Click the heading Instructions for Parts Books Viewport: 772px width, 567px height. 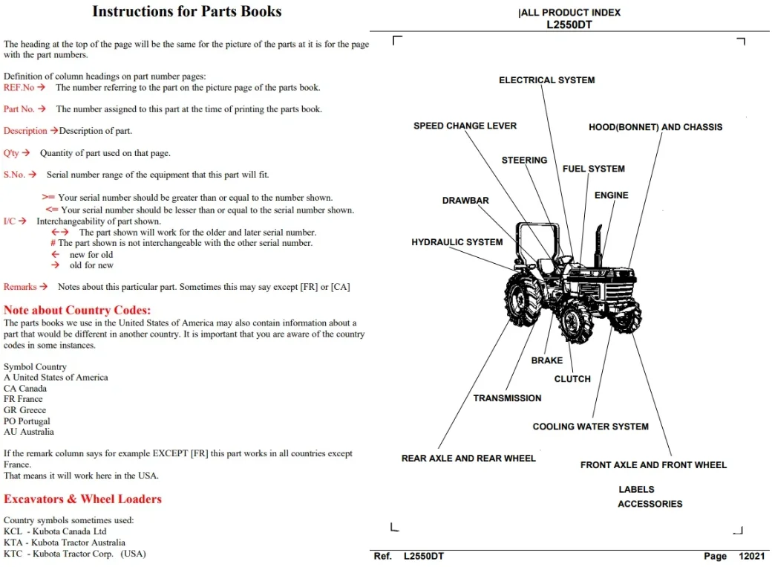tap(186, 11)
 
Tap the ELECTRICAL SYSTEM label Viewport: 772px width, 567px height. tap(546, 80)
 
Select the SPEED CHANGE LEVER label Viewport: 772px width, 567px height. tap(465, 126)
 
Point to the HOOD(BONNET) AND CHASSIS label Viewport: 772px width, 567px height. tap(655, 127)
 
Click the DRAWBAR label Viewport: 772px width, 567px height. tap(465, 200)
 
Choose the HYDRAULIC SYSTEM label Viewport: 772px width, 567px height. tap(457, 242)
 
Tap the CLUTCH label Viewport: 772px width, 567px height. tap(572, 379)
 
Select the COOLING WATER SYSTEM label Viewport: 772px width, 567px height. tap(590, 427)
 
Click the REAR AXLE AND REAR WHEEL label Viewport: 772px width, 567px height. tap(468, 458)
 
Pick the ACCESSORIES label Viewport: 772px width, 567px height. tap(650, 504)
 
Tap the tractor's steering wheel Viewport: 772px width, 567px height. tap(564, 259)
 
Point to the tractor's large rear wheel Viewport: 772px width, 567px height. tap(523, 299)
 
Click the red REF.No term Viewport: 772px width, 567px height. tap(19, 87)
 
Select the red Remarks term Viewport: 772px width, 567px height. tap(20, 286)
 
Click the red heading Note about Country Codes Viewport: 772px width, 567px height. tap(77, 310)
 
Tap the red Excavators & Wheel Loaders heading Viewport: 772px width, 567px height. tap(82, 499)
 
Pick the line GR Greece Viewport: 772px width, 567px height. tap(24, 409)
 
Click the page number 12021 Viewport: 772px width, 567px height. tap(751, 556)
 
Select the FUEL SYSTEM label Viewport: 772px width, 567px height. tap(593, 169)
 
